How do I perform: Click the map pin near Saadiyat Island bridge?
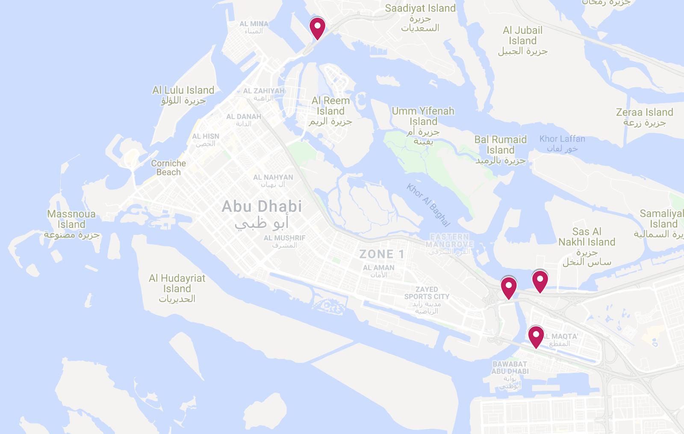(317, 27)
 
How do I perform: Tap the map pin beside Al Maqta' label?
(536, 336)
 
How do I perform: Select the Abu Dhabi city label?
(262, 207)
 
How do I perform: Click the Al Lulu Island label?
(183, 91)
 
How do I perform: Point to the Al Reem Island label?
(330, 106)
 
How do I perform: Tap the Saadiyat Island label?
(420, 9)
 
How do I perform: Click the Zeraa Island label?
(644, 112)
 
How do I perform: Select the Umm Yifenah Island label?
(423, 116)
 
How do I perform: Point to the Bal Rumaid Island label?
(501, 145)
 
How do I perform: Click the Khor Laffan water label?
(562, 139)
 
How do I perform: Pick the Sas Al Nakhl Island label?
(587, 237)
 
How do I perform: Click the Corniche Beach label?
(168, 168)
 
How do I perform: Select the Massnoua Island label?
(71, 219)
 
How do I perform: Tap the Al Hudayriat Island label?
(177, 283)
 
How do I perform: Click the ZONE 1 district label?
(382, 254)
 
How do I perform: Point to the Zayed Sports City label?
(427, 293)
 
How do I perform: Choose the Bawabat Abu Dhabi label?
(510, 368)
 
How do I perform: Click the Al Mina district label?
(254, 24)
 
